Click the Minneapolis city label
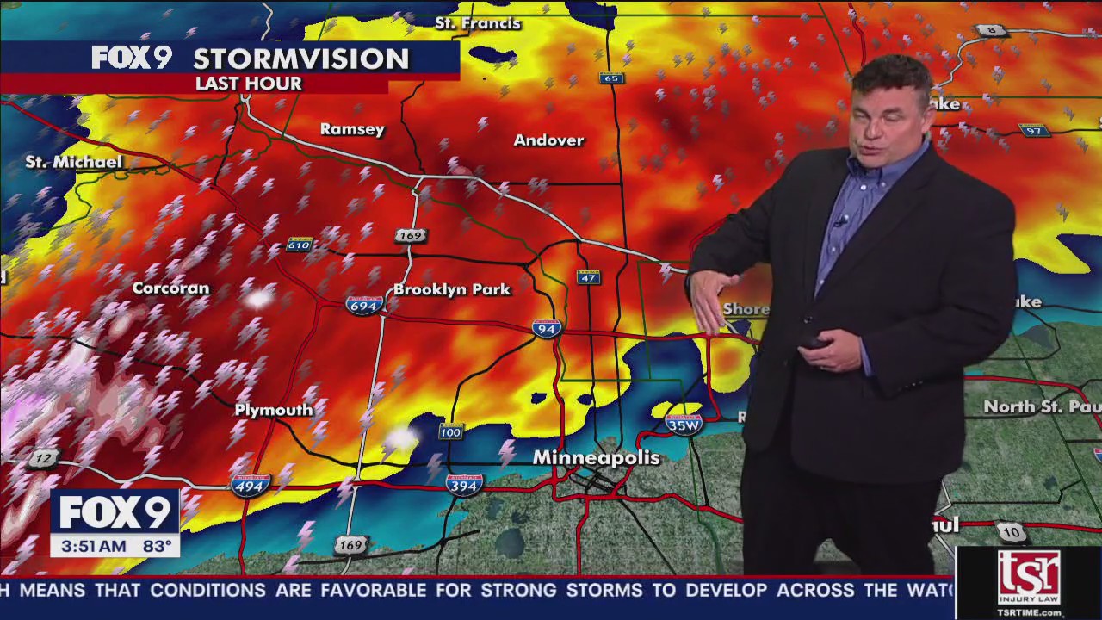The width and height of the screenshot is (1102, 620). point(596,457)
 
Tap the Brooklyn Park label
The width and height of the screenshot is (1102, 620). point(452,289)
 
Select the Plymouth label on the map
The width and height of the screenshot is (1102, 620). point(274,410)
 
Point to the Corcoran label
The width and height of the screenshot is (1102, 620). point(170,288)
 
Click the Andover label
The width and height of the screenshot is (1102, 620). point(548,140)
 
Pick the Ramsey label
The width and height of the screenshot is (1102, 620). point(352,129)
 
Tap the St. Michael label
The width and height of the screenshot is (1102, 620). point(74,162)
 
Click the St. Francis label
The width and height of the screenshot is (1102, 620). point(478,23)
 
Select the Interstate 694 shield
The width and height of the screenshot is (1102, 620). point(363,305)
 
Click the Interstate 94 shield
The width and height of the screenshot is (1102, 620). point(547,328)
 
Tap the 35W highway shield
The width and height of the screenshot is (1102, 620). point(684,424)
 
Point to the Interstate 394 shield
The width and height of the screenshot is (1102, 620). point(464,485)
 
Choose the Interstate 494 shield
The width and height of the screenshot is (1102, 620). point(251,486)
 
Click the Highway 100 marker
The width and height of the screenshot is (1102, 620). point(450,431)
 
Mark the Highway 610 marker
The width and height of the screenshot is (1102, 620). point(299,245)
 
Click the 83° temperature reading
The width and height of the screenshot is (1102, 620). point(157,546)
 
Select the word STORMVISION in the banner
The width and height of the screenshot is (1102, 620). point(300,59)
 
